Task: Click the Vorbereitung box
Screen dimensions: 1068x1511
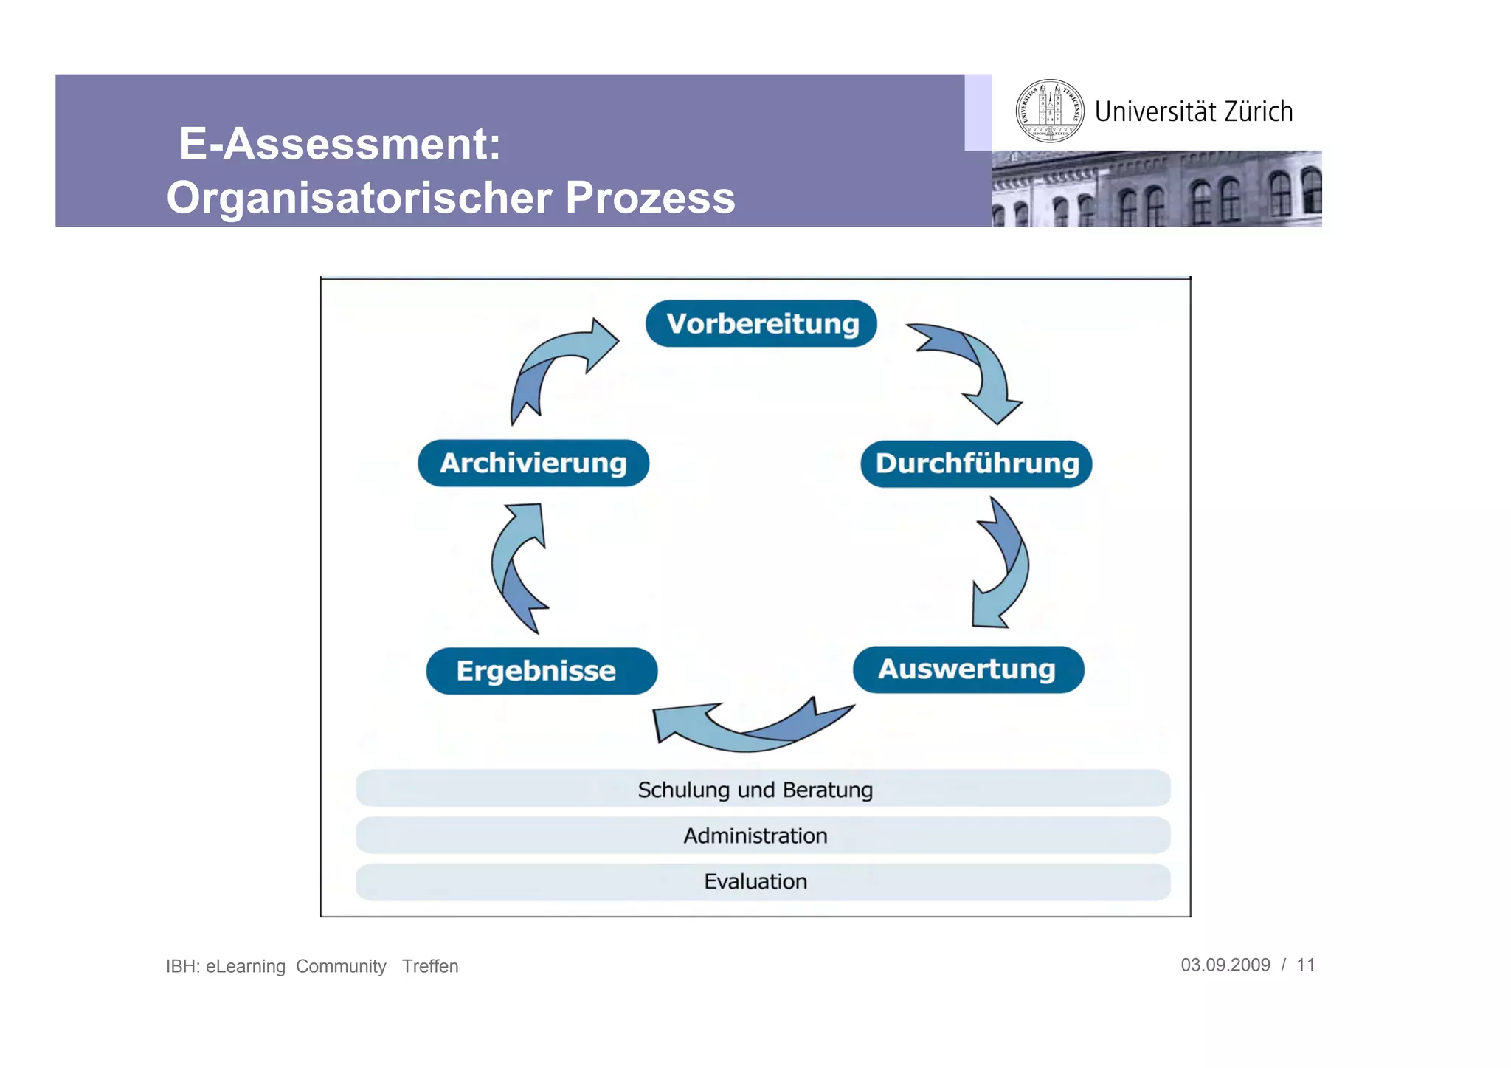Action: click(761, 323)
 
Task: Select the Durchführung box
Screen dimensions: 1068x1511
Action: click(976, 464)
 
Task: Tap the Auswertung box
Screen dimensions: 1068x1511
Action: click(967, 669)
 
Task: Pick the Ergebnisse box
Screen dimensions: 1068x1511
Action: click(541, 671)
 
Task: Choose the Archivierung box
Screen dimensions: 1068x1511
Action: click(533, 463)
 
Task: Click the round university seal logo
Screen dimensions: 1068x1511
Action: click(1049, 111)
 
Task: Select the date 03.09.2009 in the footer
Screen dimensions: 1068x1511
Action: click(1225, 965)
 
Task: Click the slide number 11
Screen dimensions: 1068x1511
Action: click(1305, 965)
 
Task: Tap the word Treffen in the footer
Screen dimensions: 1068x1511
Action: click(429, 966)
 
